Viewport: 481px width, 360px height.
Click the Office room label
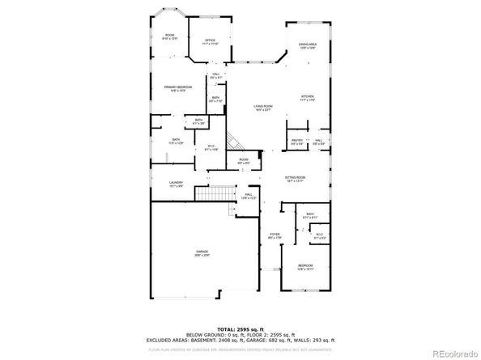point(210,42)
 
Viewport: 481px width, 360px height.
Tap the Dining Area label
point(307,46)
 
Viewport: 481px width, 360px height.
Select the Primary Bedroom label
point(177,88)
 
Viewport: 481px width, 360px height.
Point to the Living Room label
point(262,108)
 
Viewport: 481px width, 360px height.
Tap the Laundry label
point(176,184)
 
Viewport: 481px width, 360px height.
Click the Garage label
point(202,252)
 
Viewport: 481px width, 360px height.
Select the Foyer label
point(274,236)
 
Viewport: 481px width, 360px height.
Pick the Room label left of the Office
point(170,36)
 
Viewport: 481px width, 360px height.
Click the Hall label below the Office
point(216,75)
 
